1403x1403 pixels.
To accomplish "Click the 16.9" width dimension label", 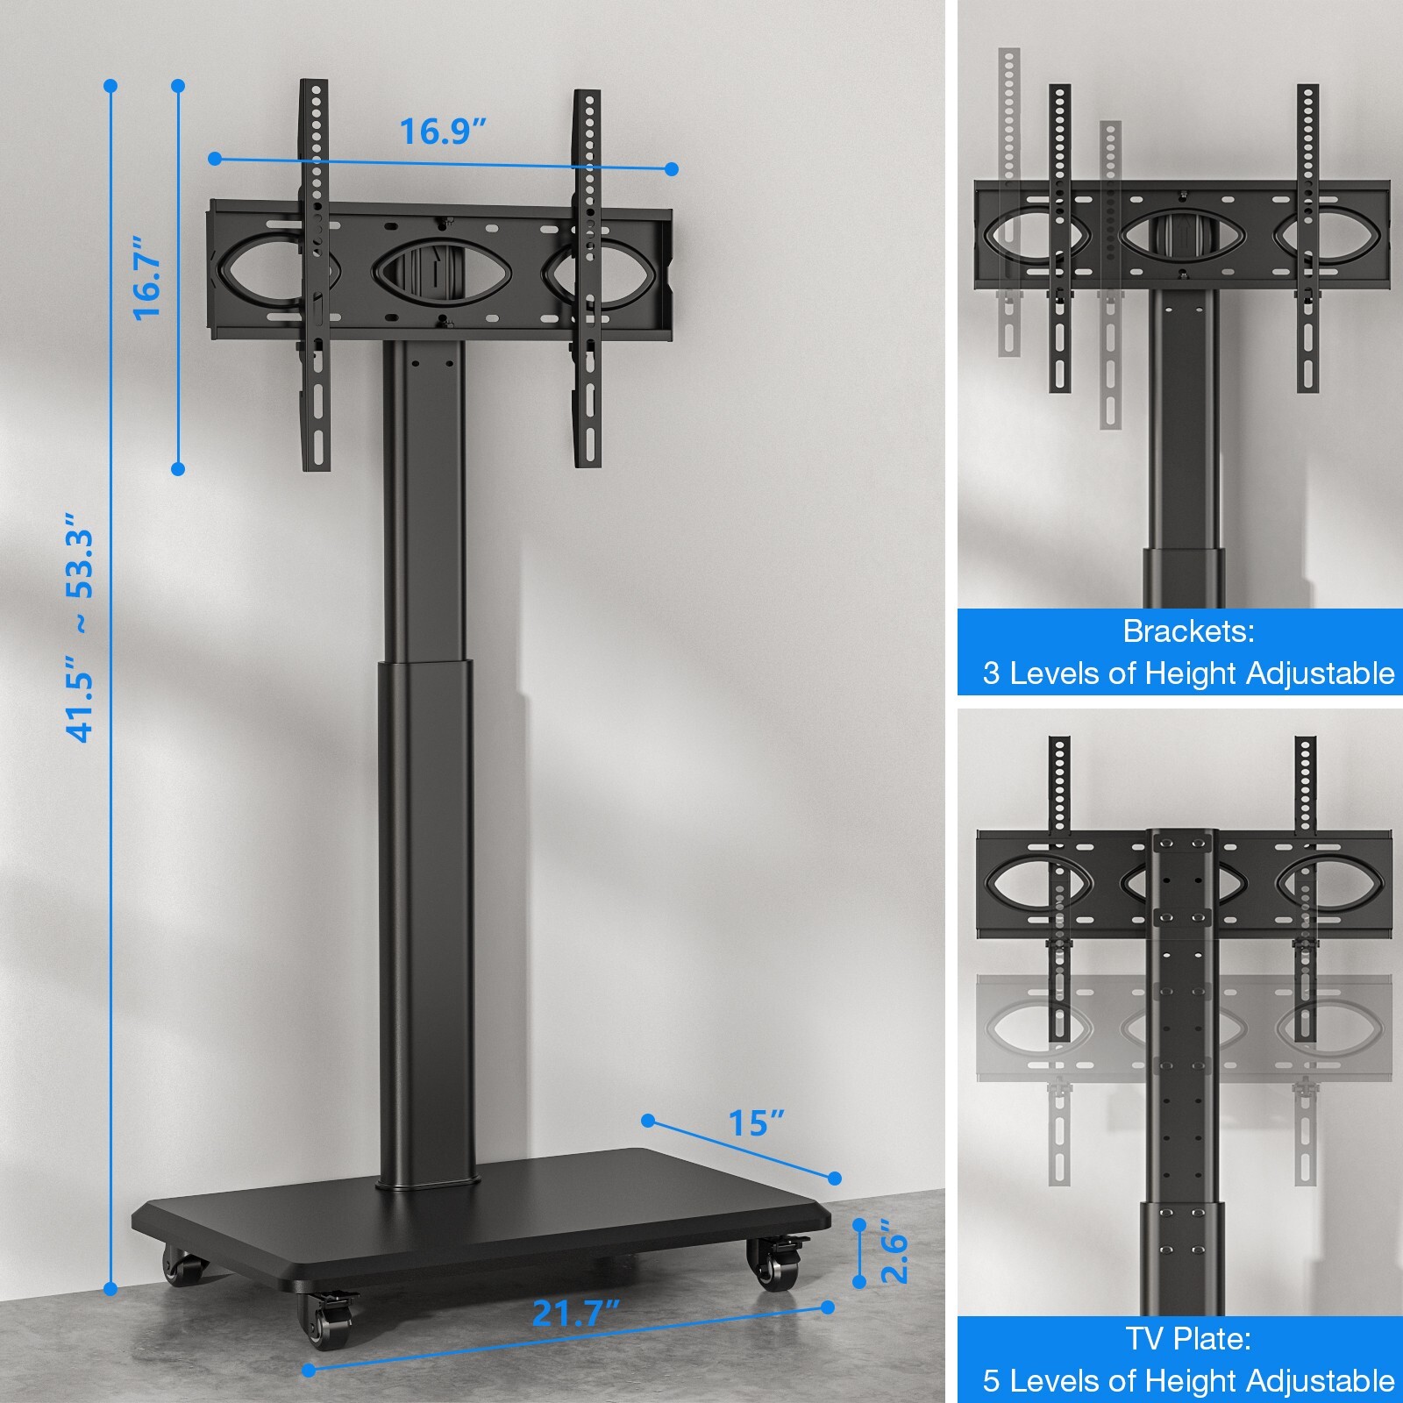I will pyautogui.click(x=443, y=132).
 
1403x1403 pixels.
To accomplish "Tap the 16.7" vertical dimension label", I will pyautogui.click(x=147, y=277).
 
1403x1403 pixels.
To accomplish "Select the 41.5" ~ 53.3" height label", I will pyautogui.click(x=81, y=635).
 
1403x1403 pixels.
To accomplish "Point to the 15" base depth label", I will pyautogui.click(x=756, y=1122).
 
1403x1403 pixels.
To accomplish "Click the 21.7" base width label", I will pyautogui.click(x=576, y=1314).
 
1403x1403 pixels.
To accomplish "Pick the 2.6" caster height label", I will pyautogui.click(x=894, y=1251).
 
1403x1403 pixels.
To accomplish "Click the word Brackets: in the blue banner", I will pyautogui.click(x=1188, y=631).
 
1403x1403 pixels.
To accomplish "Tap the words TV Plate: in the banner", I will pyautogui.click(x=1188, y=1339).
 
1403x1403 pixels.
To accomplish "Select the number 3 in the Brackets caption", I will pyautogui.click(x=991, y=673).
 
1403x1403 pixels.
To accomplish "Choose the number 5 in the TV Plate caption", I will pyautogui.click(x=991, y=1381).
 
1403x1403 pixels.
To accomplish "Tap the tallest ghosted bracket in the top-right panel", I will pyautogui.click(x=1009, y=202).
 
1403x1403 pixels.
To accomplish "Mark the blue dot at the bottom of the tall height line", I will pyautogui.click(x=110, y=1289).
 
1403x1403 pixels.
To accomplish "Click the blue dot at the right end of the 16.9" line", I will pyautogui.click(x=672, y=169).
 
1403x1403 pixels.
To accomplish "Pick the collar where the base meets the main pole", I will pyautogui.click(x=428, y=1184).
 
